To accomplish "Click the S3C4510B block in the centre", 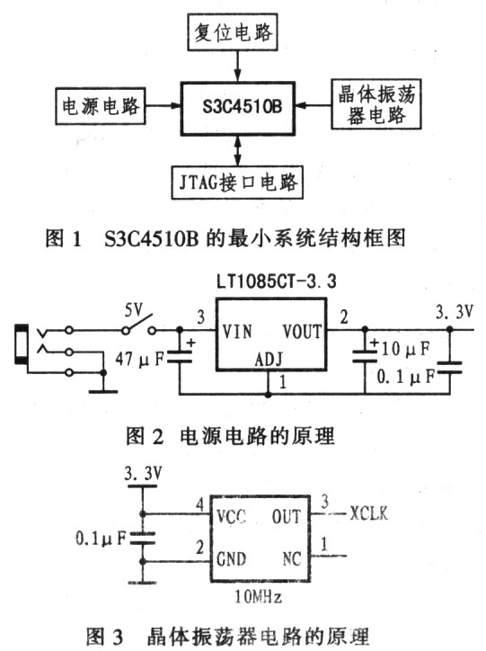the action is tap(237, 109).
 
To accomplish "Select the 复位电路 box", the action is tap(233, 32).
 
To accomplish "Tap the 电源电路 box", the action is tap(101, 106).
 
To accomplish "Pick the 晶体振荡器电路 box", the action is tap(376, 104).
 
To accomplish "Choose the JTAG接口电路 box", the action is tap(237, 183).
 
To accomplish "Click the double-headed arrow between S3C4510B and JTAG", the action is tap(237, 151).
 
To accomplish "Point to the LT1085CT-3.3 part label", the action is tap(276, 282).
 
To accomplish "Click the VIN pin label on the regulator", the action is tap(237, 332).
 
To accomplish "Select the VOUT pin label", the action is tap(302, 332).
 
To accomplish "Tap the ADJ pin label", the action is tap(269, 359).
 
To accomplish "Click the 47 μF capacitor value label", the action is tap(140, 359).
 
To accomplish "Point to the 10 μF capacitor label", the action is tap(405, 349).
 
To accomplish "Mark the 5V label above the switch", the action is tap(134, 309).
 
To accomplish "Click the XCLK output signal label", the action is tap(368, 513).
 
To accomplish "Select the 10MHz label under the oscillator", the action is tap(259, 597).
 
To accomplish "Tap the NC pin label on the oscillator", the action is tap(292, 558).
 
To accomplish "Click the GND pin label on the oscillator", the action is tap(232, 558).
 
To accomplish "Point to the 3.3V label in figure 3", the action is tap(143, 473).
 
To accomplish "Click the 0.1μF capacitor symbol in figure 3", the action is tap(143, 538).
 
